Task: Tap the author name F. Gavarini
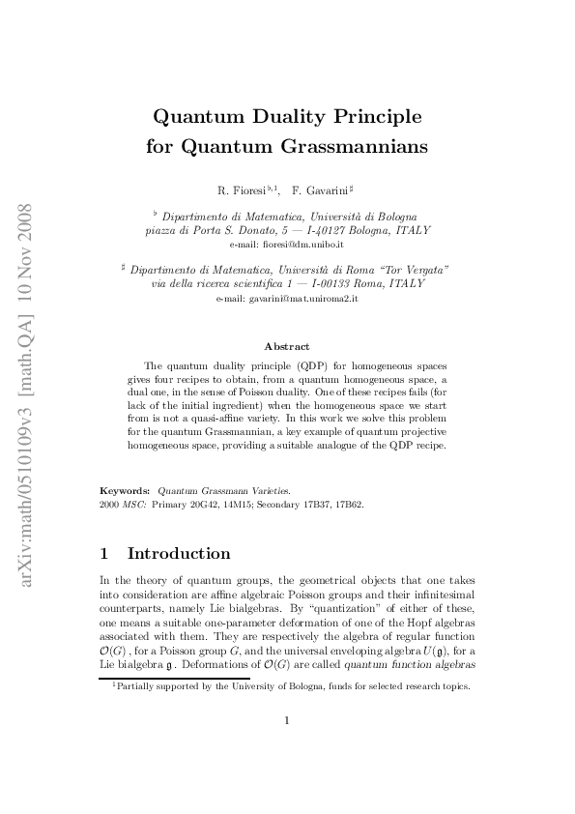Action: [x=326, y=190]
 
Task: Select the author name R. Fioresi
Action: [x=244, y=190]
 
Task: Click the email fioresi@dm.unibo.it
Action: [x=287, y=247]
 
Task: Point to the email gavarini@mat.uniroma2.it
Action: [x=287, y=301]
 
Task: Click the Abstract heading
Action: [x=287, y=346]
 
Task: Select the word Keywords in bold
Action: [x=125, y=491]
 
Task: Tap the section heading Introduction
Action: [x=179, y=554]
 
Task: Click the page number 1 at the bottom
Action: [x=287, y=719]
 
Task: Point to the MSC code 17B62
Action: [x=350, y=505]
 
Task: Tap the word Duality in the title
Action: [x=282, y=117]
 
